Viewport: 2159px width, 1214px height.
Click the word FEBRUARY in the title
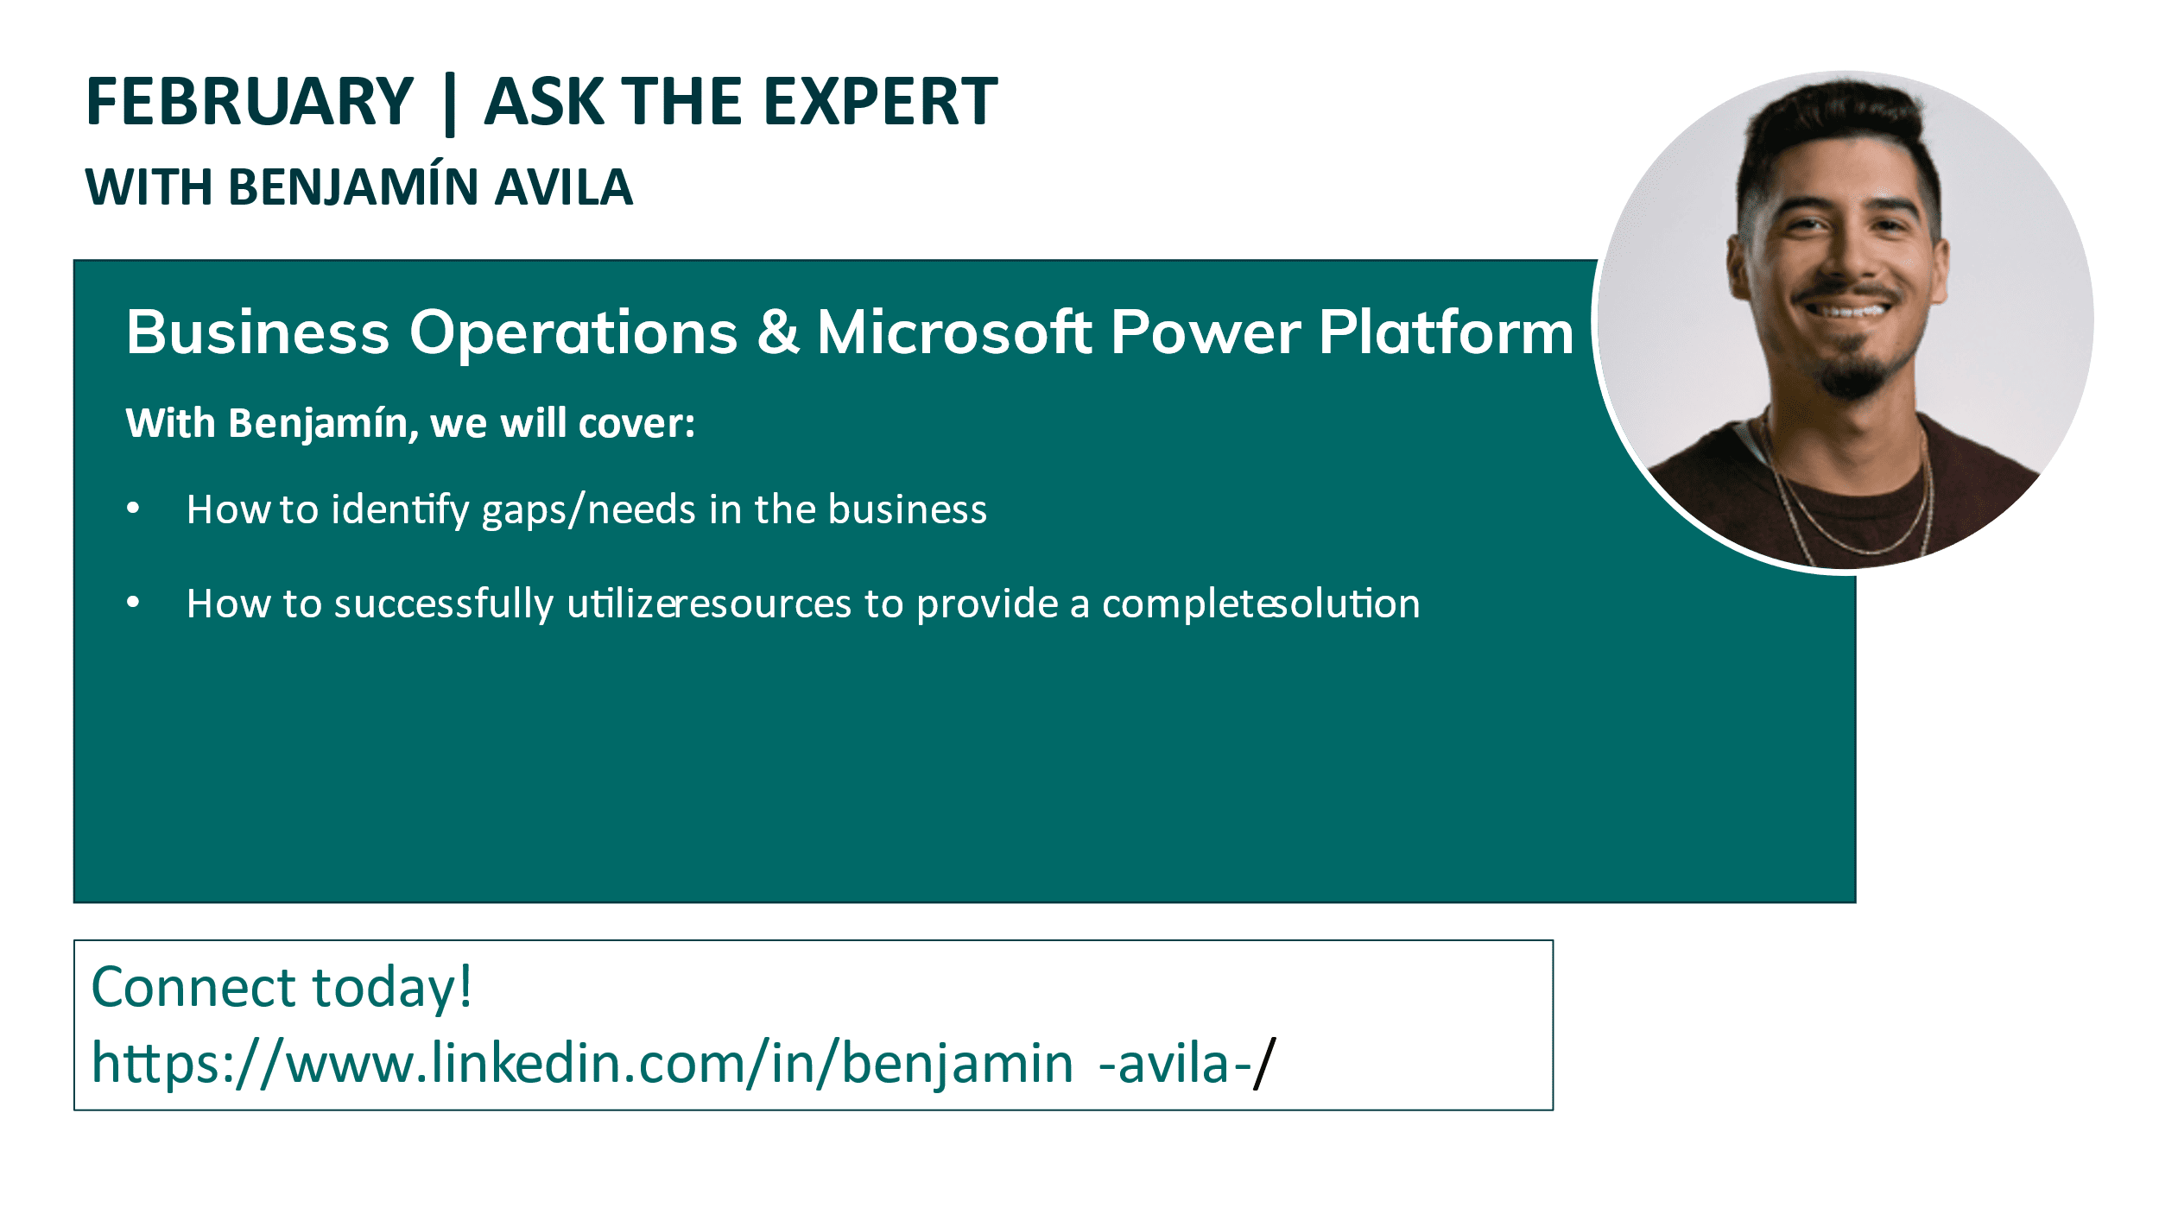[x=250, y=102]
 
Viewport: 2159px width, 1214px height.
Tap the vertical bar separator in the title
[x=449, y=104]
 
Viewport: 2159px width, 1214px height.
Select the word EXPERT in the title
[x=880, y=102]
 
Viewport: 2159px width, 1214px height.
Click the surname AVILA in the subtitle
[x=563, y=187]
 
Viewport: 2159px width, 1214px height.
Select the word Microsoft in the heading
[x=953, y=332]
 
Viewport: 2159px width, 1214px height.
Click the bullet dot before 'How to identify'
[x=133, y=508]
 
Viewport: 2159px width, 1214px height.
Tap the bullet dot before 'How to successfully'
[x=133, y=602]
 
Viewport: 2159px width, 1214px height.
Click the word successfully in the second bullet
[x=443, y=604]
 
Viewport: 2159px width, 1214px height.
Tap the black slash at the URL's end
[x=1265, y=1064]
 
